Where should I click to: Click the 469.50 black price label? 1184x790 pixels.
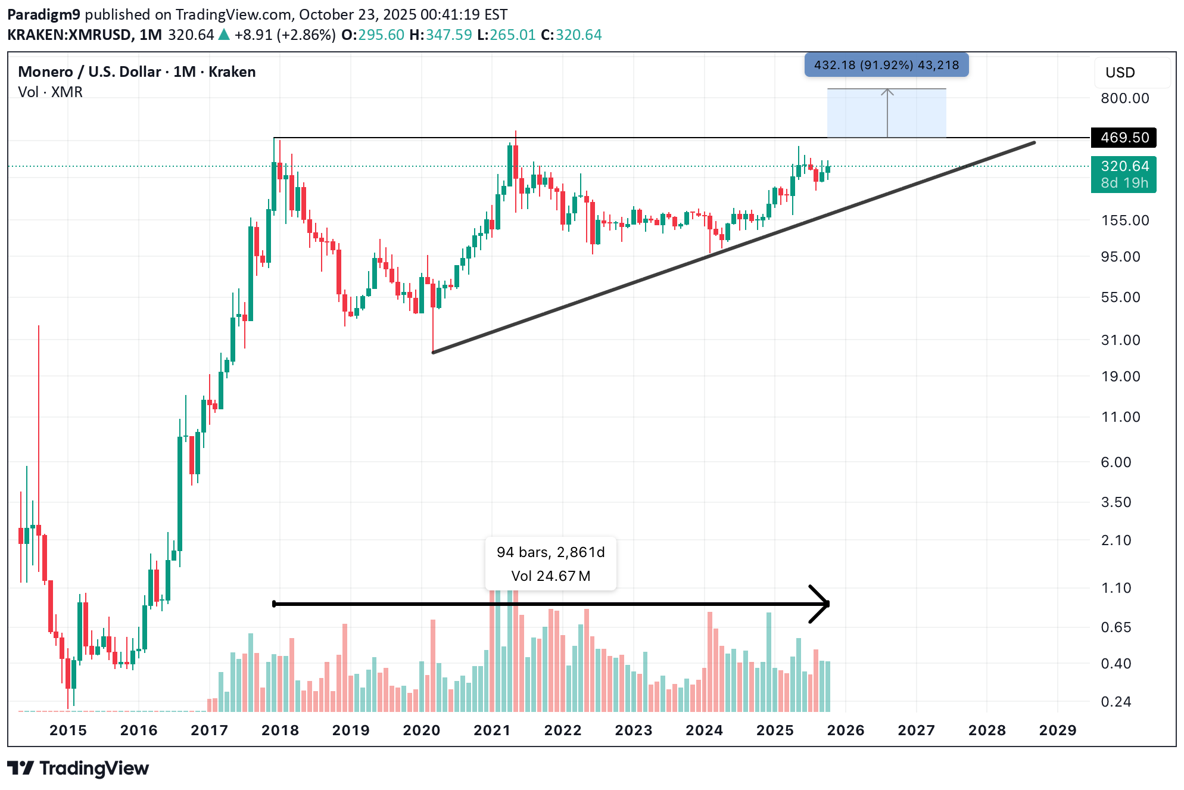click(1123, 138)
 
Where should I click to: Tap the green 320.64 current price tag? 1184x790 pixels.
click(1123, 167)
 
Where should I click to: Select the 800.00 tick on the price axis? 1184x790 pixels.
click(1124, 98)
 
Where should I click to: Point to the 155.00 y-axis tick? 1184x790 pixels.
click(1124, 220)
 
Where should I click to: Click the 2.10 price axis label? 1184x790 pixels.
click(1116, 540)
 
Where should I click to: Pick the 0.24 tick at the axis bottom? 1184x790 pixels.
click(1116, 702)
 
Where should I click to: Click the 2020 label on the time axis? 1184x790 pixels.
click(421, 730)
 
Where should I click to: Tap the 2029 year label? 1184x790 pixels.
click(1057, 730)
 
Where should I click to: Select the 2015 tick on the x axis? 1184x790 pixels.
click(68, 730)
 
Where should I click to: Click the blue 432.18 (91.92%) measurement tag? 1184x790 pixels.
click(886, 65)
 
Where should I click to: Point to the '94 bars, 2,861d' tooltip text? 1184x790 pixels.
click(550, 552)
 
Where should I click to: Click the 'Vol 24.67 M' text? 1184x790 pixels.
click(550, 576)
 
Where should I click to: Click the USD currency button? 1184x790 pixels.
click(1120, 73)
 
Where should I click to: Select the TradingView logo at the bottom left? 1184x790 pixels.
click(78, 769)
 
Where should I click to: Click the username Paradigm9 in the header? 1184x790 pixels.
click(43, 15)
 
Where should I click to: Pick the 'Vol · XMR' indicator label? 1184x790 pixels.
click(50, 92)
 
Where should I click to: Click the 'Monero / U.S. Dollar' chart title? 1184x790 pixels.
click(89, 72)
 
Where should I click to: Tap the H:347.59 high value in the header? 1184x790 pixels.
click(440, 35)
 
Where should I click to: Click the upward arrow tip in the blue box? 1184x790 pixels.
click(887, 91)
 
